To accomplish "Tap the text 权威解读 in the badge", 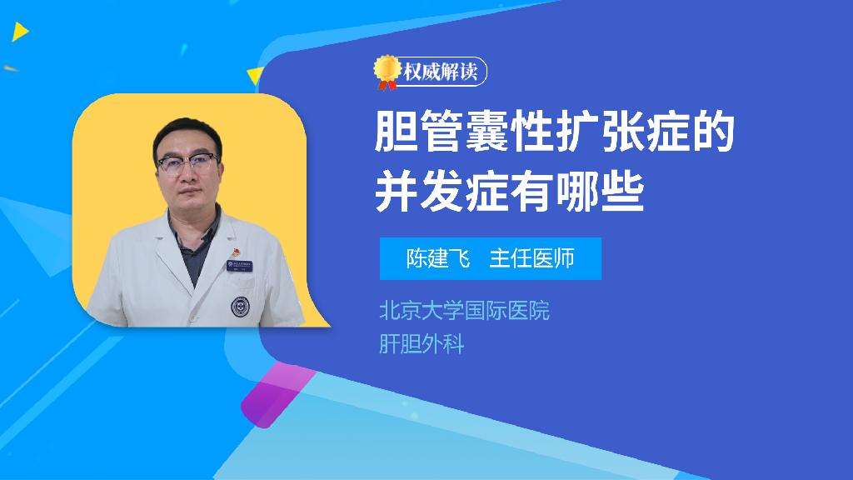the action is tap(440, 72).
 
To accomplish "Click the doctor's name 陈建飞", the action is tap(438, 258).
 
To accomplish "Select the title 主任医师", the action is tap(531, 258).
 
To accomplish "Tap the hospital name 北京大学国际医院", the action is tap(464, 311).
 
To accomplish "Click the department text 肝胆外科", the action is tap(421, 344).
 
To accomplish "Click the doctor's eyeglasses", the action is tap(187, 164).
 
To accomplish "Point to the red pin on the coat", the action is tap(236, 252).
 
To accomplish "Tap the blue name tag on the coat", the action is tap(239, 266).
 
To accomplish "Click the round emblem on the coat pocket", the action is tap(240, 307).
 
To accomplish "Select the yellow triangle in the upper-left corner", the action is tap(20, 32).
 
